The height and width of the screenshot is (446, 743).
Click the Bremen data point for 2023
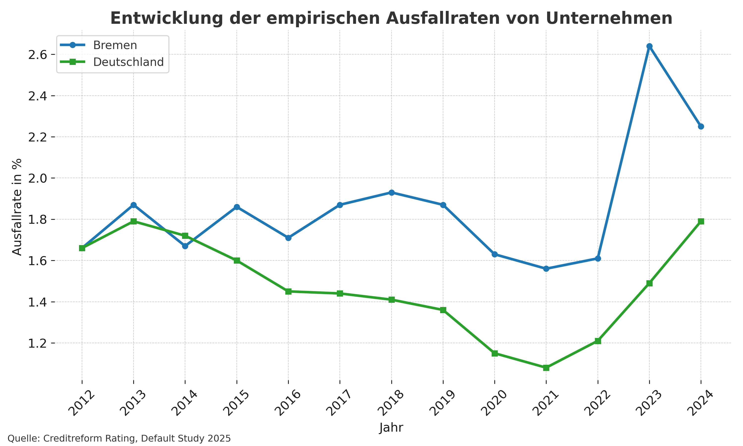tap(649, 46)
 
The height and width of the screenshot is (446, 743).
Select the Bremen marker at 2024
tap(701, 127)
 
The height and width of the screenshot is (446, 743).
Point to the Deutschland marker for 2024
tap(701, 222)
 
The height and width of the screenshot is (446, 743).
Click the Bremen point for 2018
tap(392, 192)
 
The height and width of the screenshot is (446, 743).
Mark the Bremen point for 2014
tap(185, 246)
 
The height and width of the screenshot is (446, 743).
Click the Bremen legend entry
tap(115, 45)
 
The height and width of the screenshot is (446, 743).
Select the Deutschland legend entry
tap(128, 62)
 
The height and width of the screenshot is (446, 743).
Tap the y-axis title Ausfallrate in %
tap(17, 207)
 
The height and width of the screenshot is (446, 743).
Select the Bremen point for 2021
tap(546, 269)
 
